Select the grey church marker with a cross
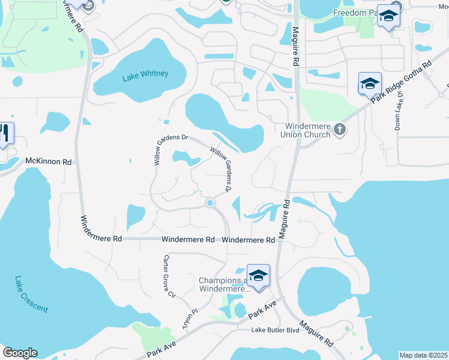pos(340,129)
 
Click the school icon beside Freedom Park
pos(388,17)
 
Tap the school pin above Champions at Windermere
pos(258,276)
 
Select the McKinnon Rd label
pos(49,162)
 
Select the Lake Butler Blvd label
pos(275,330)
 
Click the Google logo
pos(20,353)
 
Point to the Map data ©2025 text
pos(423,355)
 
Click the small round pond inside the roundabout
pos(210,203)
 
